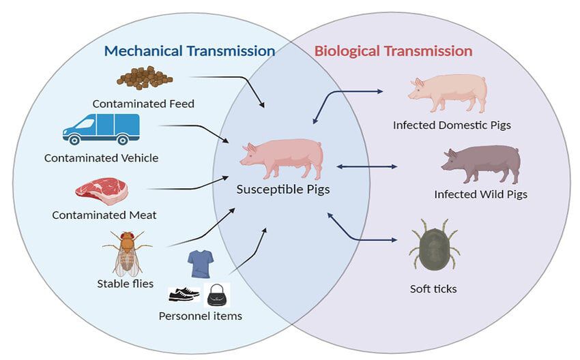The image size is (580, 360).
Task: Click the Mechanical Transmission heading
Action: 189,50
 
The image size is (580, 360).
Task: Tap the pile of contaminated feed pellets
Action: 144,77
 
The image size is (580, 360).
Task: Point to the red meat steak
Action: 102,192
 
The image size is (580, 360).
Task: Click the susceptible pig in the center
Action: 280,159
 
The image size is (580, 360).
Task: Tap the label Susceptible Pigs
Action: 282,190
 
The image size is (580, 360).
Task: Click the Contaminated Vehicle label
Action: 101,157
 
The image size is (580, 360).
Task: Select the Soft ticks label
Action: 433,288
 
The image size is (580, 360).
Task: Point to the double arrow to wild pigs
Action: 368,166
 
